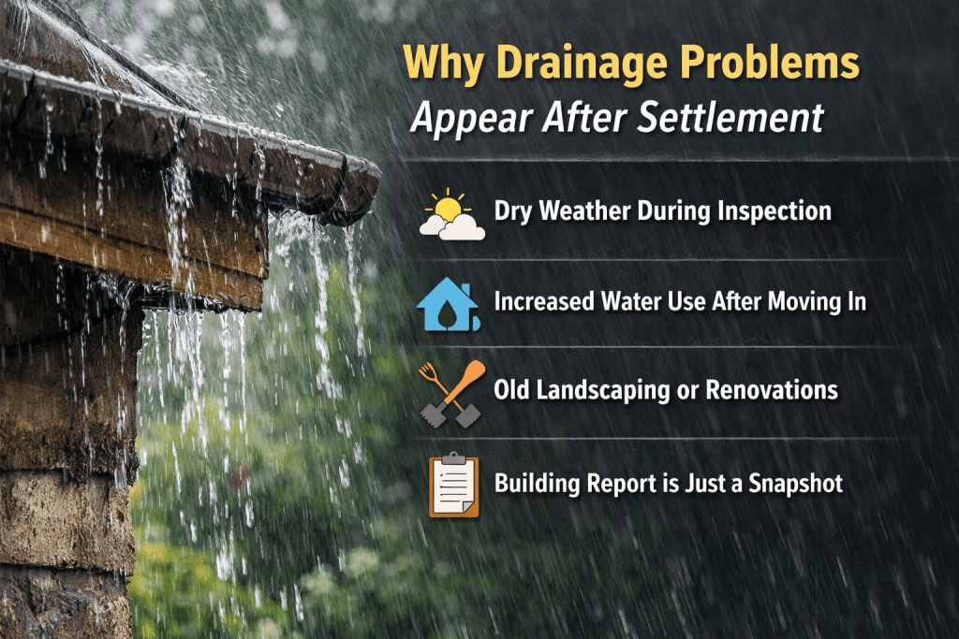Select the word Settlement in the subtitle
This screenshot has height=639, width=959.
click(730, 117)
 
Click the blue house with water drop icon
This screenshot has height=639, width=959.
click(448, 304)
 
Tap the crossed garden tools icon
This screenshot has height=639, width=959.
click(452, 394)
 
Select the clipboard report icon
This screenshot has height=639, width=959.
click(453, 485)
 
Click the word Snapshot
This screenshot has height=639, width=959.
click(796, 484)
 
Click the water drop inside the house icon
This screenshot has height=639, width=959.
click(449, 312)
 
